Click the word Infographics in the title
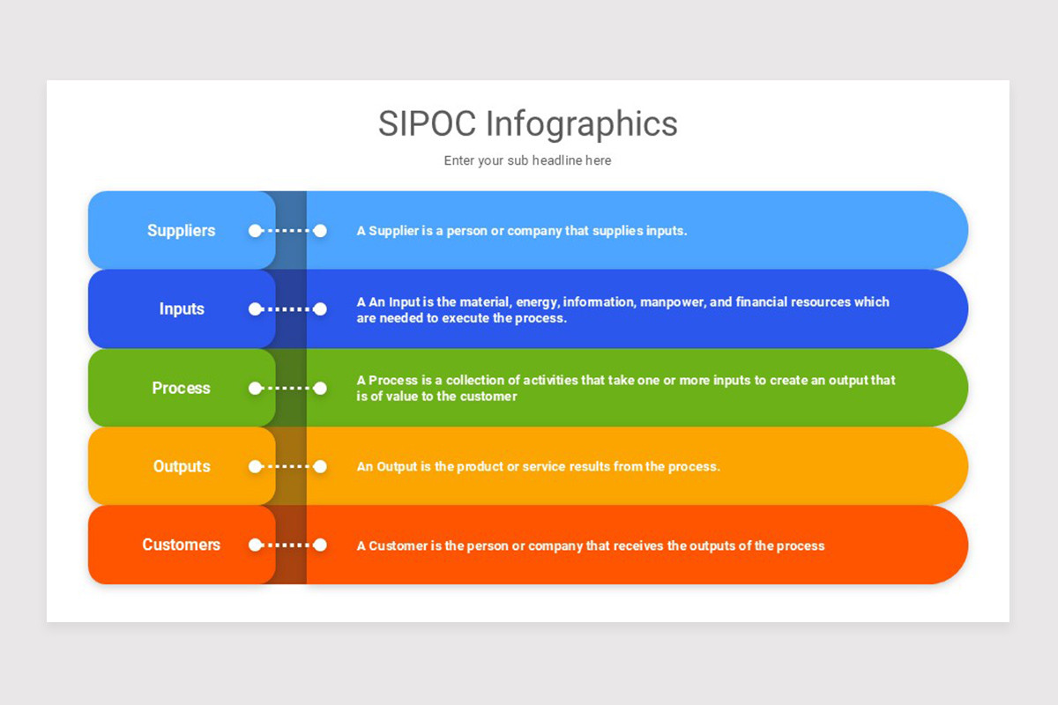582,123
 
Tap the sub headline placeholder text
527,160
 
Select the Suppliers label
181,231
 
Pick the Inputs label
182,309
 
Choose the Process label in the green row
181,388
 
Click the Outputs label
182,466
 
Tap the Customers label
181,545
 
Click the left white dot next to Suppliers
255,231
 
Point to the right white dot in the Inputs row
320,309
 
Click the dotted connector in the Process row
287,388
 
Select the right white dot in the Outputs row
320,466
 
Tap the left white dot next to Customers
255,545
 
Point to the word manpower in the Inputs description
673,302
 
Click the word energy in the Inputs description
539,302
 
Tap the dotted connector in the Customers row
287,545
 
